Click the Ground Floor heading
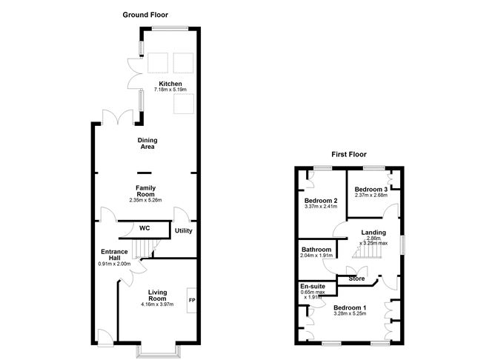(x=145, y=15)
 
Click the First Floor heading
(x=349, y=154)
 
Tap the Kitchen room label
(x=170, y=84)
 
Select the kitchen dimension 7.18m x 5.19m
(x=170, y=90)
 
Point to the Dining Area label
(x=147, y=143)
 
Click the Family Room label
(x=145, y=191)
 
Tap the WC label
(x=144, y=228)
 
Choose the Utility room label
(x=184, y=230)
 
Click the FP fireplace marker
(x=192, y=300)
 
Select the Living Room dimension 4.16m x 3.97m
(x=157, y=304)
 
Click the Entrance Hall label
(x=114, y=255)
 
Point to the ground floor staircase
(x=144, y=249)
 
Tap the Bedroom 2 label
(x=321, y=201)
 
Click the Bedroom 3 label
(x=371, y=190)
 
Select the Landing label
(x=373, y=233)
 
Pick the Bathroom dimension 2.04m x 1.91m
(x=316, y=256)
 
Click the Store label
(x=356, y=279)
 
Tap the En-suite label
(x=313, y=287)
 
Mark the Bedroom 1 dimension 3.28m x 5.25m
(x=350, y=313)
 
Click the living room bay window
(x=159, y=352)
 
